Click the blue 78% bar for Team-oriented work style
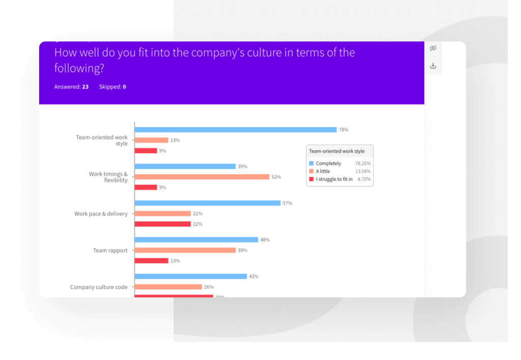pyautogui.click(x=236, y=130)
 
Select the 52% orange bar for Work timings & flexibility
pyautogui.click(x=202, y=177)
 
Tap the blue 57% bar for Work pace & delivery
pyautogui.click(x=208, y=203)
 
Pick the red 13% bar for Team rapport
pyautogui.click(x=151, y=261)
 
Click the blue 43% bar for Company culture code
pyautogui.click(x=191, y=276)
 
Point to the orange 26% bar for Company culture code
pyautogui.click(x=168, y=287)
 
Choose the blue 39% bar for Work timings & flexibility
pyautogui.click(x=185, y=167)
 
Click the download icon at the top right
pyautogui.click(x=433, y=66)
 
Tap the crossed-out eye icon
pyautogui.click(x=433, y=48)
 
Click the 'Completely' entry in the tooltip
pyautogui.click(x=328, y=163)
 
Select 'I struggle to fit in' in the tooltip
pyautogui.click(x=334, y=179)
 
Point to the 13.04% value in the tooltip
pyautogui.click(x=363, y=172)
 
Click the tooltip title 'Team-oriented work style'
pyautogui.click(x=337, y=151)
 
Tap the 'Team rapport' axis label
pyautogui.click(x=110, y=251)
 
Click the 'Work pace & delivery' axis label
pyautogui.click(x=101, y=214)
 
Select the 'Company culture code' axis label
pyautogui.click(x=99, y=287)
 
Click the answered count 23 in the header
pyautogui.click(x=85, y=87)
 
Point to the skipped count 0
pyautogui.click(x=124, y=87)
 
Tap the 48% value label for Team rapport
pyautogui.click(x=265, y=240)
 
